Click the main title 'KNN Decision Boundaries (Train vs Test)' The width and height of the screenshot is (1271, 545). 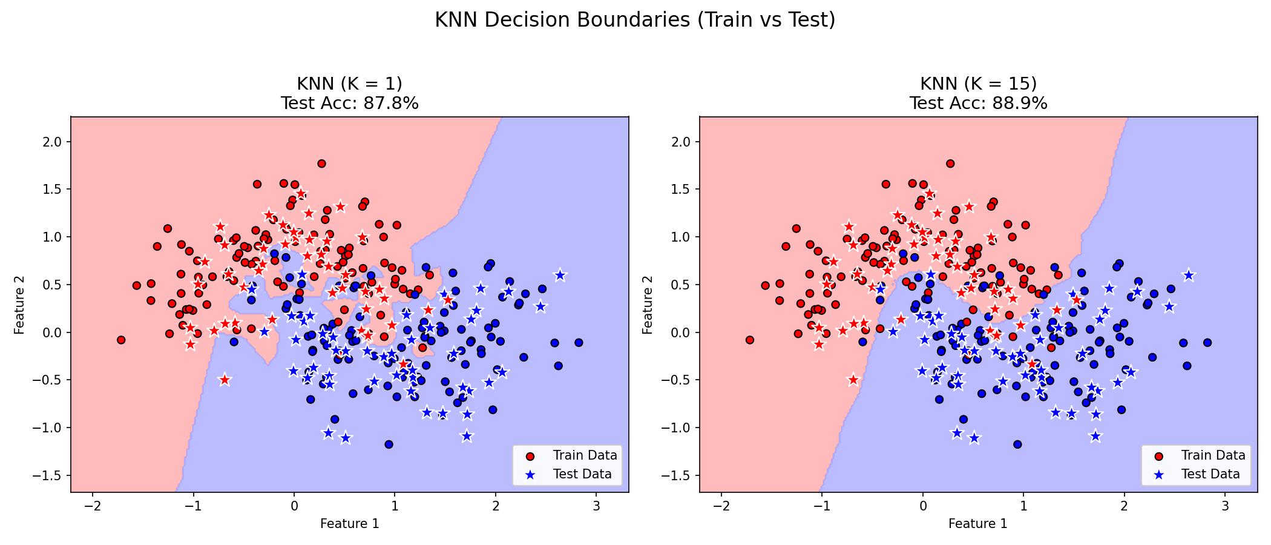(635, 20)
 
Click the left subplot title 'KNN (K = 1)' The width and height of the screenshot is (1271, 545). (349, 84)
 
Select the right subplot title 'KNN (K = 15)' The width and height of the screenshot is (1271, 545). (978, 84)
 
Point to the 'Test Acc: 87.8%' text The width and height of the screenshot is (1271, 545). (349, 104)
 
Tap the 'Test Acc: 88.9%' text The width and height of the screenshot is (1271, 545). (978, 104)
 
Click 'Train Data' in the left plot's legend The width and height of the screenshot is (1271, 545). (585, 455)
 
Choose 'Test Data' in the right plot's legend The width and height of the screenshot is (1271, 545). (1210, 474)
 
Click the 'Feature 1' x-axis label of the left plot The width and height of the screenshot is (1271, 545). (349, 524)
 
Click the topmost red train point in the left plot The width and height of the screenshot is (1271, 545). (321, 163)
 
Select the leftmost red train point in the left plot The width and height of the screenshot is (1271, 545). (121, 340)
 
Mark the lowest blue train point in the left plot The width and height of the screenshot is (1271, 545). (389, 444)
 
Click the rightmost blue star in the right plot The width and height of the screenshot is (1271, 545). (1188, 275)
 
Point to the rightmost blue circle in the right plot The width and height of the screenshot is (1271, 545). (1207, 343)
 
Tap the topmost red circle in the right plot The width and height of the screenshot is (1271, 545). (950, 163)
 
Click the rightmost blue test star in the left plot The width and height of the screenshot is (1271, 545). (560, 275)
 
